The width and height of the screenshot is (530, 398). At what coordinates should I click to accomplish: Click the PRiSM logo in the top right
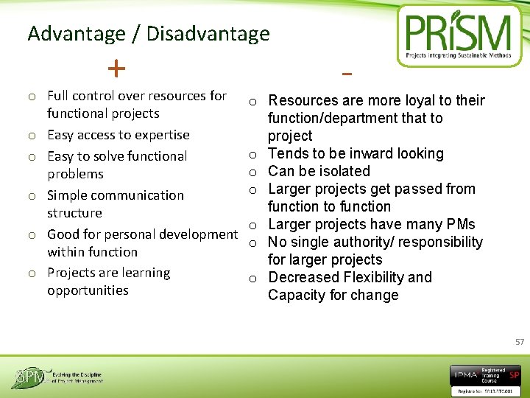[x=461, y=36]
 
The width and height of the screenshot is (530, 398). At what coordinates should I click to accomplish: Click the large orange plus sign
[x=116, y=69]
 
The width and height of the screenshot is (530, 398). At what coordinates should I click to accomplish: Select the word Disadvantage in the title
[x=208, y=34]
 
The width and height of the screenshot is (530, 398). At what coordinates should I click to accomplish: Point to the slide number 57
[x=520, y=342]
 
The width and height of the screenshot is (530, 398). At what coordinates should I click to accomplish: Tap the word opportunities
[x=88, y=290]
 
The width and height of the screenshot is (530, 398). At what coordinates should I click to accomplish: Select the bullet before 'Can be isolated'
[x=252, y=172]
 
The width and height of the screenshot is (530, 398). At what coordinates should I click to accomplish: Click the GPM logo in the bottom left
[x=56, y=377]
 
